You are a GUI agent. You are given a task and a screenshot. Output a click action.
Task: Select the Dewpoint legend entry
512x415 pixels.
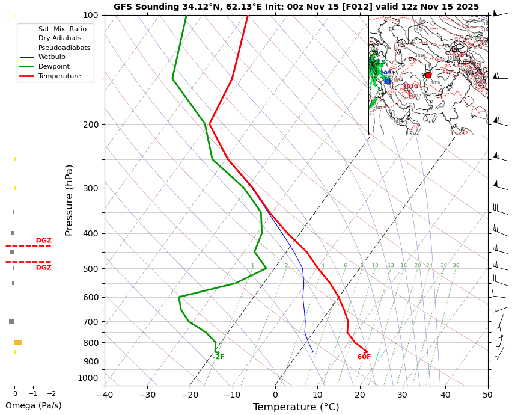(54, 67)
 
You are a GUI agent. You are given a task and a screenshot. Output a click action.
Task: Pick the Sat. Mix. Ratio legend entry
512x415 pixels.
(62, 29)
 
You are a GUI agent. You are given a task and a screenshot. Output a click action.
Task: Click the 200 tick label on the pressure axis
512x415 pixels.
(90, 124)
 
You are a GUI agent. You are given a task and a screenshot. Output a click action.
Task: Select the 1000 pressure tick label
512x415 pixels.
(88, 378)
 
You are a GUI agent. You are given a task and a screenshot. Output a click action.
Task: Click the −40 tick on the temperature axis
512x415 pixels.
(105, 395)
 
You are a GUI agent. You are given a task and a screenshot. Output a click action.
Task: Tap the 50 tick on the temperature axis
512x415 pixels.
(487, 395)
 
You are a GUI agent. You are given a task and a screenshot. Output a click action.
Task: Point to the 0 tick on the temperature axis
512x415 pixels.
(275, 395)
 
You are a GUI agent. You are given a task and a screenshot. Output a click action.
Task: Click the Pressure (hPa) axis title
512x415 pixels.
(70, 200)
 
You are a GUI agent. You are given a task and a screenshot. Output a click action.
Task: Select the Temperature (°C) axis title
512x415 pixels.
(296, 407)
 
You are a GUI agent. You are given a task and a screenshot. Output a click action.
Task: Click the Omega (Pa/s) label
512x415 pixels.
(34, 405)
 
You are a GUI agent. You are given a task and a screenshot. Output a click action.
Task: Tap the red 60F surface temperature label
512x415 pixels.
(364, 357)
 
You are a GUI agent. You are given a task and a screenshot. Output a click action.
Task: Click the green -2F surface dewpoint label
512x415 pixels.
(218, 357)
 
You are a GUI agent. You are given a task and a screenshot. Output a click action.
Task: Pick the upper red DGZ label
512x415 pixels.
(43, 241)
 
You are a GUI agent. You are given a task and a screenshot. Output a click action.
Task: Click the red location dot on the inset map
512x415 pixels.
(428, 75)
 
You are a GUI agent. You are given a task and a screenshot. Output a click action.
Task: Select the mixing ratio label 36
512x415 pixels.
(456, 266)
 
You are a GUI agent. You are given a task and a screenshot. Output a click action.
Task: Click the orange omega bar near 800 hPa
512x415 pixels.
(18, 342)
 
